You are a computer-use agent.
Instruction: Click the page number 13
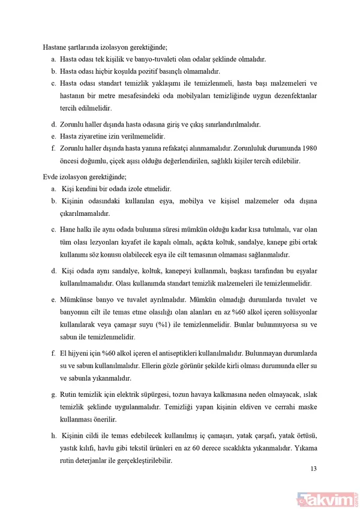(313, 469)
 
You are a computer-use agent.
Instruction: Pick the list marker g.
(53, 395)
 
